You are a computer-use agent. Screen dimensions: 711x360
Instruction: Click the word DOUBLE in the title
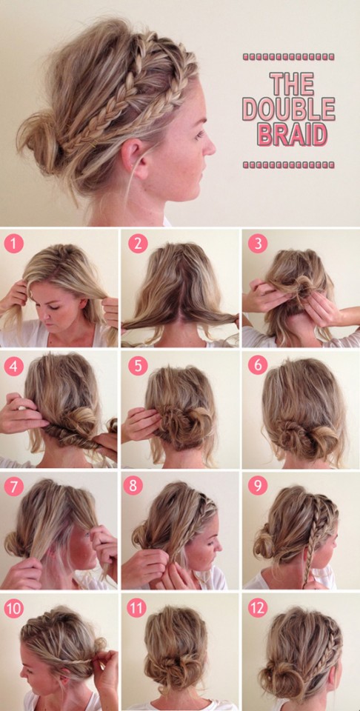click(x=288, y=109)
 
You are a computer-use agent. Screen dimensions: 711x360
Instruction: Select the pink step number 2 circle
click(x=137, y=243)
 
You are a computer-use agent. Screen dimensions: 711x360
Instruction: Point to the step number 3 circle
click(x=257, y=243)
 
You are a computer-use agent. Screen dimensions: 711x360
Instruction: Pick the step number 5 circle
click(x=137, y=366)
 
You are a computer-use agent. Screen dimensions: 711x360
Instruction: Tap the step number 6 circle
click(x=257, y=366)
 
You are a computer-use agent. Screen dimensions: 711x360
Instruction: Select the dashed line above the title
click(x=288, y=56)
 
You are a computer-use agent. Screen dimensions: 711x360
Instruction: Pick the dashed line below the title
click(x=288, y=164)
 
